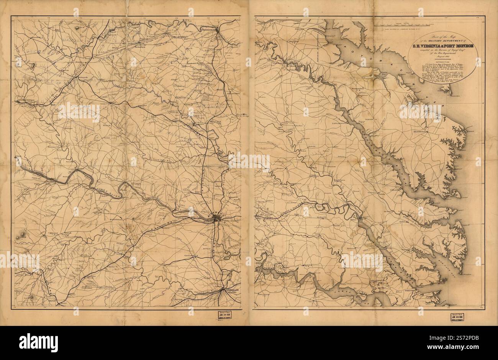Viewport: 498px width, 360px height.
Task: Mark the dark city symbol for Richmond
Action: coord(216,219)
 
